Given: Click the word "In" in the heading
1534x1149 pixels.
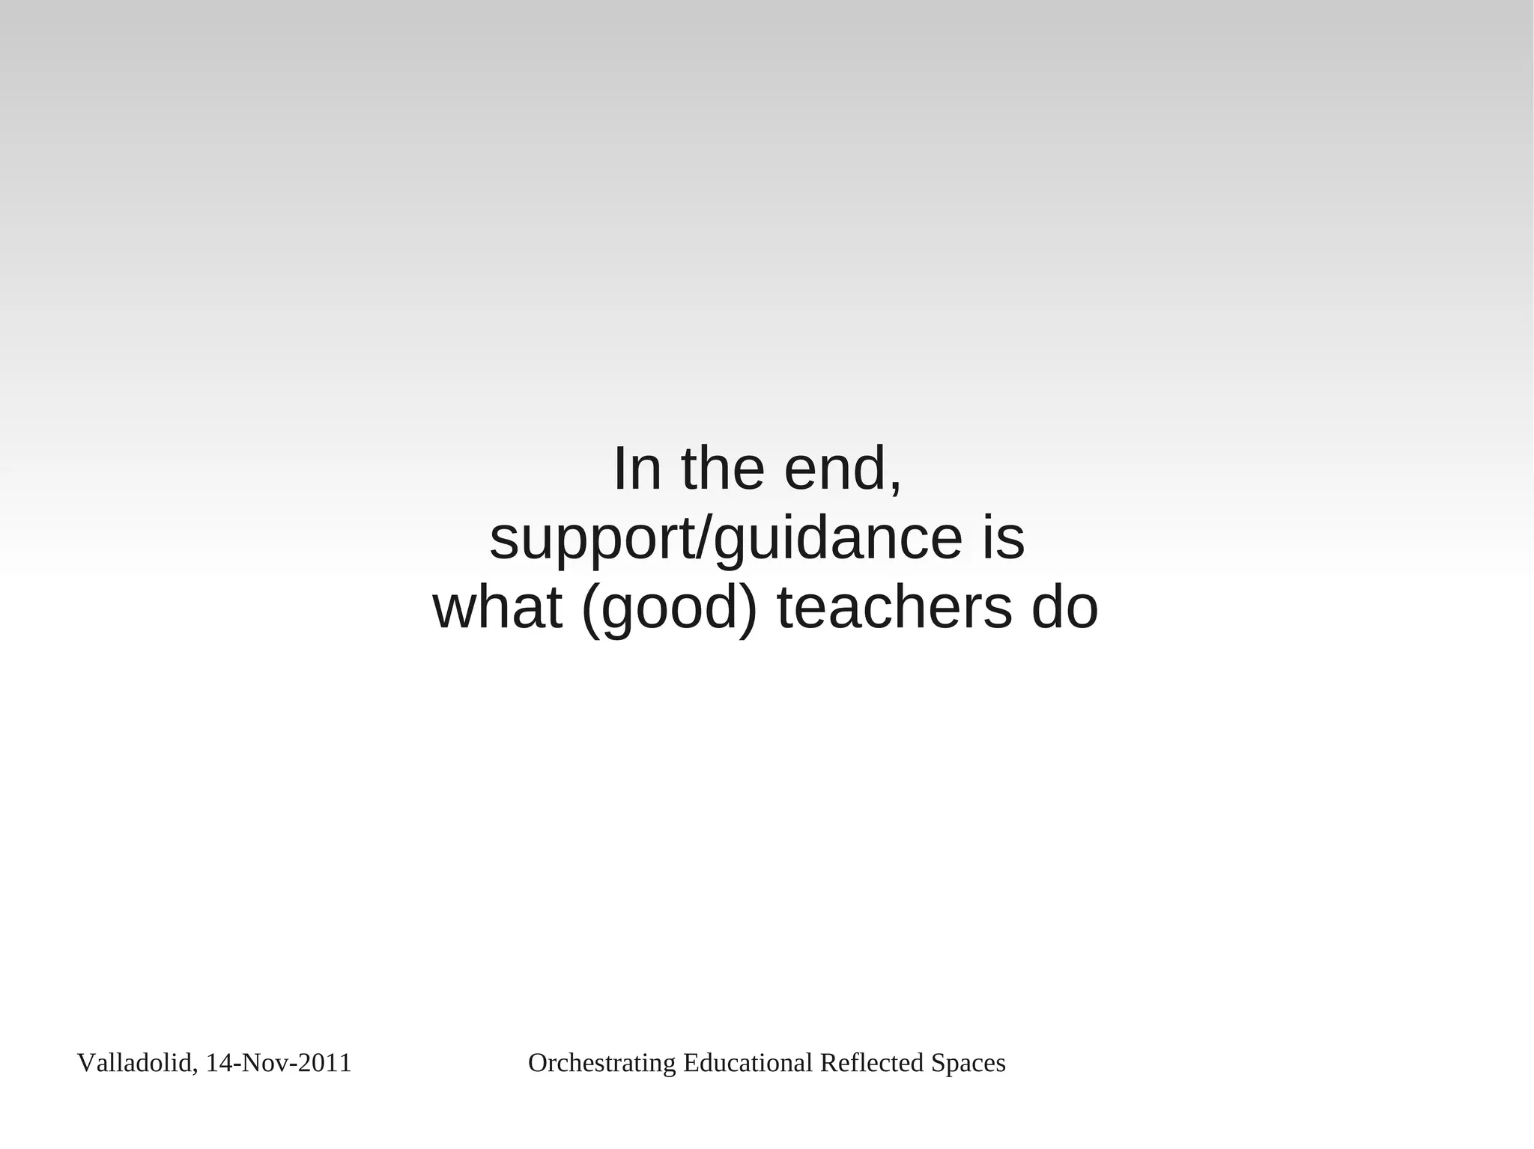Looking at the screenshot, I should point(637,469).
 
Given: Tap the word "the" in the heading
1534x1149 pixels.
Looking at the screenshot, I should point(722,469).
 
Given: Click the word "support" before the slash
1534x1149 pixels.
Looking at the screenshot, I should point(592,539).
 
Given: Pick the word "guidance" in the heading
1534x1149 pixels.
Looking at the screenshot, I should point(837,539).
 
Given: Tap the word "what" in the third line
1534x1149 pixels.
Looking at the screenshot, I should point(497,607).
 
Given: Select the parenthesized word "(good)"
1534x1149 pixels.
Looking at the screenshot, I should point(669,609).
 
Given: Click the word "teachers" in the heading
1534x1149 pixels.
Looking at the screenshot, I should point(894,607).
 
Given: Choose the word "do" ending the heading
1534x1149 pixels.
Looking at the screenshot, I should point(1064,607).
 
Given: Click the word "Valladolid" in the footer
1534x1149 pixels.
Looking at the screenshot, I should point(136,1063).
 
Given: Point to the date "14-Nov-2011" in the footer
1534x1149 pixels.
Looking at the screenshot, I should point(279,1063).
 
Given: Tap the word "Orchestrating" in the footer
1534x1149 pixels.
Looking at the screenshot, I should point(602,1063).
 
